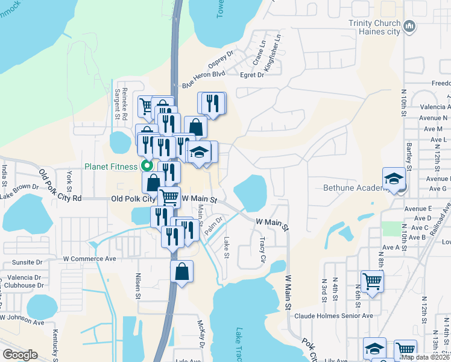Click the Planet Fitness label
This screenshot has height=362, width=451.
tap(111, 167)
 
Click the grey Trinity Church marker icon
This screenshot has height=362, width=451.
tap(410, 26)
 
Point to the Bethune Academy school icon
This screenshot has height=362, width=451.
tap(394, 179)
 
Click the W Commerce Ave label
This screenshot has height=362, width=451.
tap(89, 259)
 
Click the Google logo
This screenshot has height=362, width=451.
tap(20, 355)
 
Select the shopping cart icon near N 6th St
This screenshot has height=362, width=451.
tap(372, 281)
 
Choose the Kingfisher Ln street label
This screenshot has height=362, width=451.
tap(273, 54)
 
